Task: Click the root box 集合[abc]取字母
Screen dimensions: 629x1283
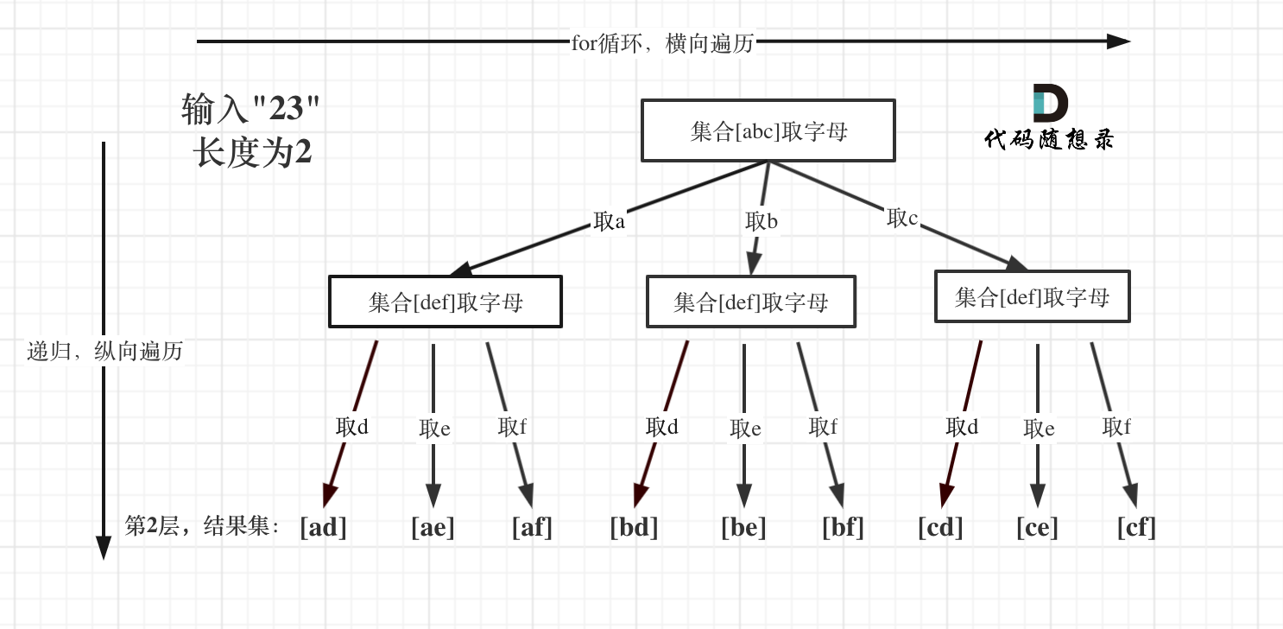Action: [x=768, y=130]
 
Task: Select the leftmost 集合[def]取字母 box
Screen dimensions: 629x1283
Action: [x=445, y=302]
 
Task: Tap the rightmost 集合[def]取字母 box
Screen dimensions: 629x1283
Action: [x=1032, y=297]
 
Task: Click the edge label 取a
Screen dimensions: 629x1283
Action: [x=609, y=221]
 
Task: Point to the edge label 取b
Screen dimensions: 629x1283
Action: [x=761, y=221]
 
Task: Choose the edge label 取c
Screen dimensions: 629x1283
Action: [x=902, y=218]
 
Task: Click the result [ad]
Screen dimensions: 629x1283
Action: [x=323, y=526]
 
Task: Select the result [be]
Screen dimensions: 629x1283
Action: [x=743, y=526]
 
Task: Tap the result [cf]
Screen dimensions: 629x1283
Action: [x=1135, y=526]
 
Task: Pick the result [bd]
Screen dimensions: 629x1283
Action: [x=634, y=526]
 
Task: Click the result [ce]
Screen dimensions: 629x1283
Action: [x=1037, y=526]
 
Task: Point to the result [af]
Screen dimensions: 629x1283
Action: [x=531, y=526]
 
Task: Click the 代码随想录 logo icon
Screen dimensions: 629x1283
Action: [x=1050, y=103]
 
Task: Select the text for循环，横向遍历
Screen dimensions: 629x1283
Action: [x=662, y=43]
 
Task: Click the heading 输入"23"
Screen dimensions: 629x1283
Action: [x=250, y=110]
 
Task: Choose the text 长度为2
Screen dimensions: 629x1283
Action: [x=252, y=153]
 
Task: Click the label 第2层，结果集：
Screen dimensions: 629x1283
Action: [x=204, y=526]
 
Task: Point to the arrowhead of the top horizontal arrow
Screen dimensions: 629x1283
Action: [x=1119, y=41]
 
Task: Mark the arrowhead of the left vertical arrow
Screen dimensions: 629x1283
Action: [x=104, y=548]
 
